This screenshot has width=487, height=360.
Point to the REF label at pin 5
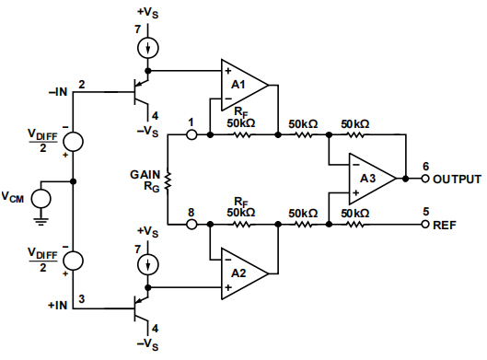445,224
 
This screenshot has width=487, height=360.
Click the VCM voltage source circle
41,197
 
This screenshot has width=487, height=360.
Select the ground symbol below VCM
41,220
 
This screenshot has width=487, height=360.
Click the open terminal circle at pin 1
192,134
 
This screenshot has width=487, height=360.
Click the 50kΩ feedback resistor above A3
354,134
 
